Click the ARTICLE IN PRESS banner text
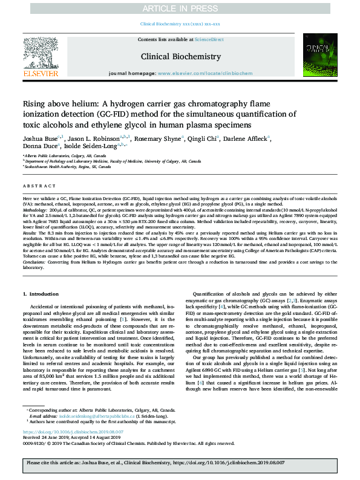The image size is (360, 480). point(180,8)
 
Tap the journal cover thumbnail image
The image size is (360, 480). point(320,56)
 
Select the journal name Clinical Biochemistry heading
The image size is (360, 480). point(180,56)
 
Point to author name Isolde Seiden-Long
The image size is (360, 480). point(90,146)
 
